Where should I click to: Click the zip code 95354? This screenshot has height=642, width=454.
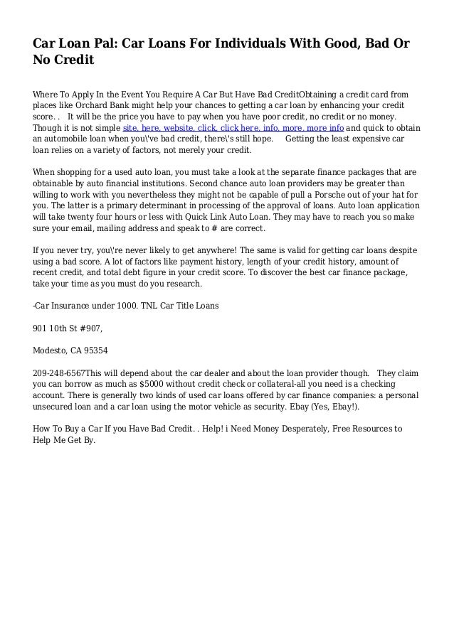tap(95, 350)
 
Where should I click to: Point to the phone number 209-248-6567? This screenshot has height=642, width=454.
tap(60, 372)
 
